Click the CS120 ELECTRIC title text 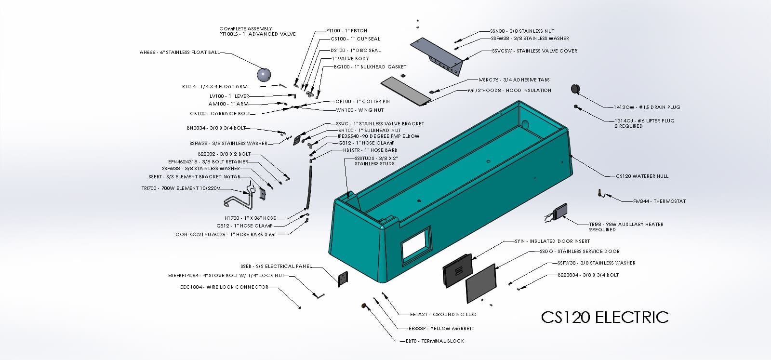point(605,317)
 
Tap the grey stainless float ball point(264,75)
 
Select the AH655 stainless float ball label point(179,53)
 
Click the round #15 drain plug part point(575,89)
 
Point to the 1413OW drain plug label point(640,107)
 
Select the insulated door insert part point(458,270)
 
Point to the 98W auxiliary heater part point(560,211)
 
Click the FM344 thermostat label point(659,201)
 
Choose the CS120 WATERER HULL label point(642,176)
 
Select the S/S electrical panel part point(343,279)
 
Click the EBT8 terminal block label point(435,341)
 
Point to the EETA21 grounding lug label point(443,315)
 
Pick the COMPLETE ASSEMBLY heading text point(246,28)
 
